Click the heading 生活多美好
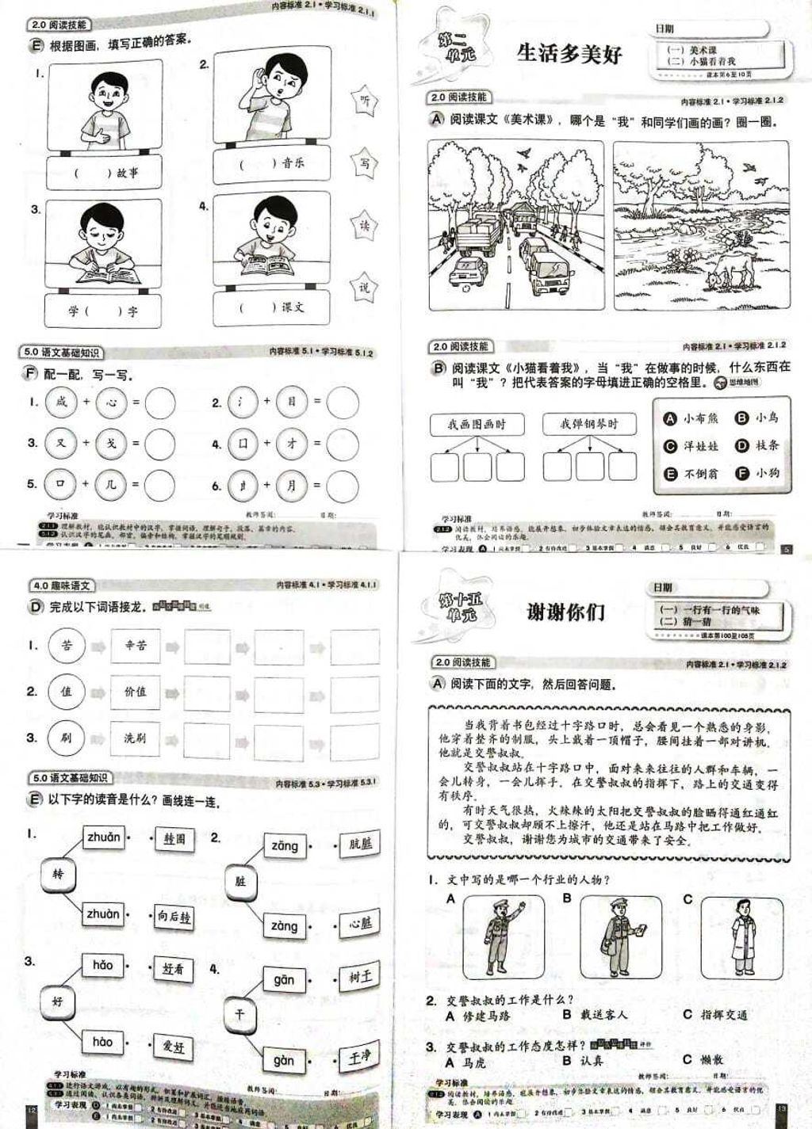pyautogui.click(x=569, y=53)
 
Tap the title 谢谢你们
pyautogui.click(x=566, y=612)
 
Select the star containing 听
pyautogui.click(x=364, y=100)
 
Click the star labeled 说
pyautogui.click(x=364, y=287)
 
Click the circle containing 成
pyautogui.click(x=61, y=402)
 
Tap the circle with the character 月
pyautogui.click(x=291, y=485)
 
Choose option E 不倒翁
pyautogui.click(x=691, y=474)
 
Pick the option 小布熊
pyautogui.click(x=691, y=418)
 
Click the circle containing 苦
pyautogui.click(x=66, y=645)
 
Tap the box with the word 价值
pyautogui.click(x=135, y=691)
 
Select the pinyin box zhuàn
pyautogui.click(x=103, y=913)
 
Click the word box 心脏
pyautogui.click(x=361, y=923)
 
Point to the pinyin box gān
pyautogui.click(x=284, y=980)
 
